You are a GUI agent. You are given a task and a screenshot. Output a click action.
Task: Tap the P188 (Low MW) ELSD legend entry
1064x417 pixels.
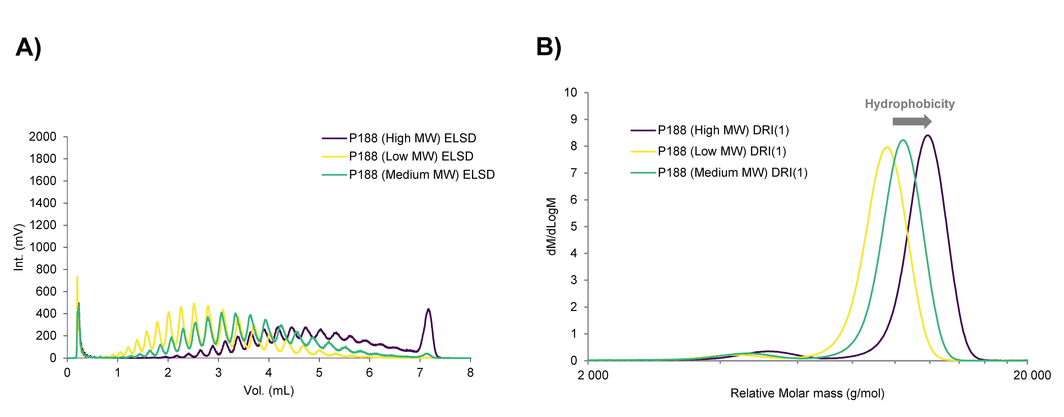[x=411, y=156]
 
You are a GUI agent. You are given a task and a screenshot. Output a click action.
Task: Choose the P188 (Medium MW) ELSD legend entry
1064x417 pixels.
[x=421, y=175]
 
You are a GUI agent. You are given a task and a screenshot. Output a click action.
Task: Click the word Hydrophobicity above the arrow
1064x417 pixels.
[x=909, y=104]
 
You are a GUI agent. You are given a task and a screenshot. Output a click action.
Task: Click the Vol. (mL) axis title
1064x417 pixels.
[x=268, y=391]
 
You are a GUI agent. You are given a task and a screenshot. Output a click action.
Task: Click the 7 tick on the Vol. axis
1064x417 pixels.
[x=420, y=373]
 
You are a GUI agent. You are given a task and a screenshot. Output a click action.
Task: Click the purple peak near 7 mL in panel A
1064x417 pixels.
[x=428, y=310]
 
